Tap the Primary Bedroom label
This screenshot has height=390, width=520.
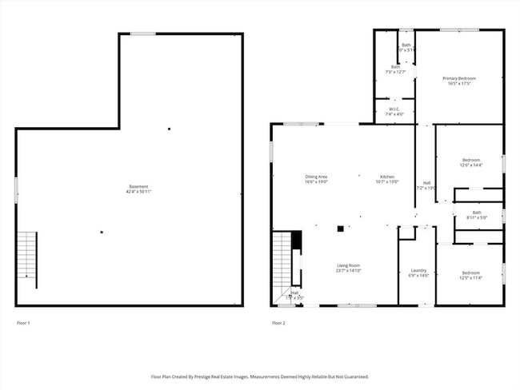click(x=459, y=78)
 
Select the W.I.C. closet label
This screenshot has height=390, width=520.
click(x=394, y=109)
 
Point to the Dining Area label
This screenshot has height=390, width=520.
click(x=316, y=177)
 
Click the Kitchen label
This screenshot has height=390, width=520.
click(x=387, y=177)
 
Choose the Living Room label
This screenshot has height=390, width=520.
click(x=348, y=265)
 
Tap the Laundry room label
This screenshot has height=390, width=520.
click(x=418, y=270)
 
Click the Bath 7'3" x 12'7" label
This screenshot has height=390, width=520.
click(x=395, y=66)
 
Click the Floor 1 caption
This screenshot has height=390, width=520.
click(x=23, y=323)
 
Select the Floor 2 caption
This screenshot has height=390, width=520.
click(x=278, y=323)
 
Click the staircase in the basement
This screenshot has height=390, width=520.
click(x=27, y=253)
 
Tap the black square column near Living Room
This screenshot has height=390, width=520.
click(x=340, y=229)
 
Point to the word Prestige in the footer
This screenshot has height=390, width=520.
click(x=211, y=376)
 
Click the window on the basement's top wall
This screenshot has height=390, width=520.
click(x=143, y=33)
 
